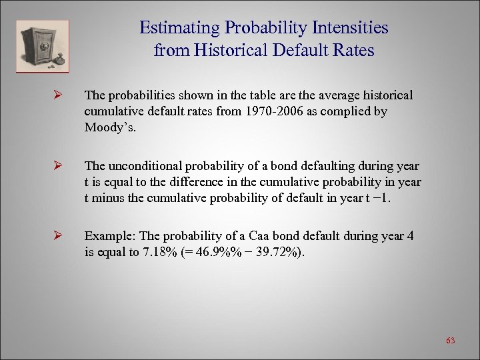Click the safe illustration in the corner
tap(43, 46)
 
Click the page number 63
tap(450, 341)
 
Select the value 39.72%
tap(279, 252)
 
